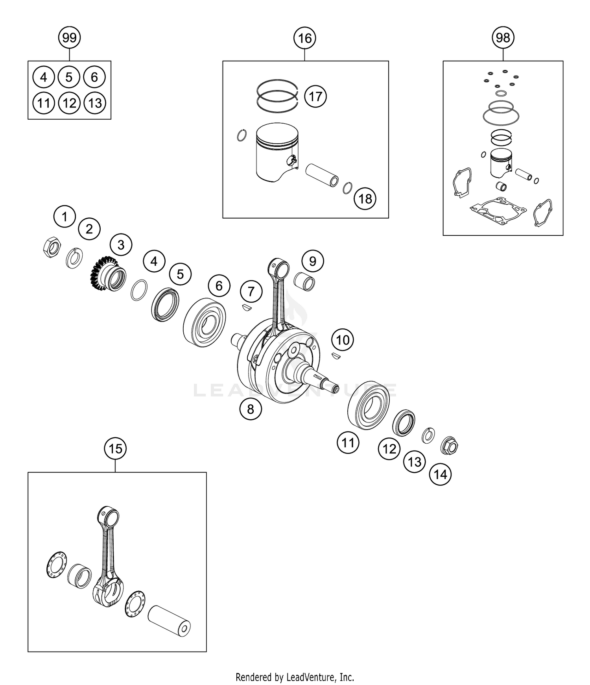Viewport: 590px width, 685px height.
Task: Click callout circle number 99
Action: pyautogui.click(x=69, y=38)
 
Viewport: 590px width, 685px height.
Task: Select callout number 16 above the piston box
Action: pyautogui.click(x=305, y=38)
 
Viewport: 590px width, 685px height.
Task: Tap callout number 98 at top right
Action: pyautogui.click(x=503, y=38)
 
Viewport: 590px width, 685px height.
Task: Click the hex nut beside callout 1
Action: pyautogui.click(x=52, y=247)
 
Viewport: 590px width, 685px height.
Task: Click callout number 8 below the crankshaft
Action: pyautogui.click(x=251, y=409)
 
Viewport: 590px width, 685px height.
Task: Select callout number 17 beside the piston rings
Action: pyautogui.click(x=315, y=96)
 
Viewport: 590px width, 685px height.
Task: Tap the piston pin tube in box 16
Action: pyautogui.click(x=323, y=175)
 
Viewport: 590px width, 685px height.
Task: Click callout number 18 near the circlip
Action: pyautogui.click(x=365, y=198)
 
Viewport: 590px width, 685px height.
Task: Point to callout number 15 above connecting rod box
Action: pyautogui.click(x=115, y=448)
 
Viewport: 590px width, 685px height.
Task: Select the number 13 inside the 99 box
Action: pyautogui.click(x=95, y=103)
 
